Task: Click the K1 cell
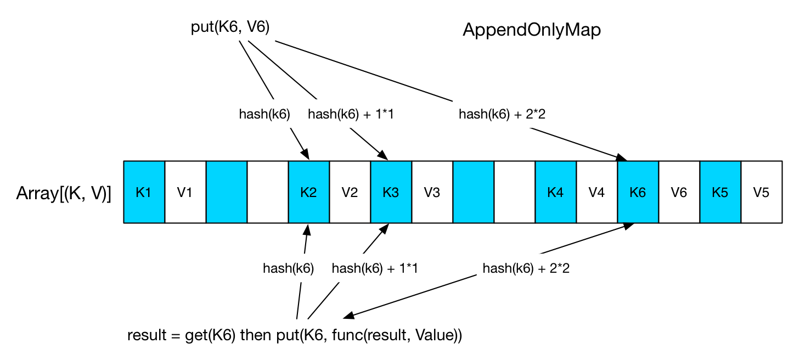click(144, 192)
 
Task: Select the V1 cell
click(185, 192)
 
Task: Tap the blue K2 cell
click(309, 192)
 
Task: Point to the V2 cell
click(350, 192)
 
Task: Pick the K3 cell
click(391, 192)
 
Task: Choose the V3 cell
click(432, 192)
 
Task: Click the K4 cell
click(556, 192)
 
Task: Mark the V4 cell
click(597, 192)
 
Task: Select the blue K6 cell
click(638, 192)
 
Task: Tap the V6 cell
click(679, 192)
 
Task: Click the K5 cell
click(720, 192)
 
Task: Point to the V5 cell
click(762, 192)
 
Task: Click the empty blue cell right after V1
click(227, 192)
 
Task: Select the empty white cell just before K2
click(268, 192)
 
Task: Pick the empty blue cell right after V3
click(473, 192)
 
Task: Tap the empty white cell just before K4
click(515, 192)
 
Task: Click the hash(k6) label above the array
click(264, 114)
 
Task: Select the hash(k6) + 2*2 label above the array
click(502, 114)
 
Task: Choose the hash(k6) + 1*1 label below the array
click(375, 268)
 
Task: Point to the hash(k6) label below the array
click(289, 268)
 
